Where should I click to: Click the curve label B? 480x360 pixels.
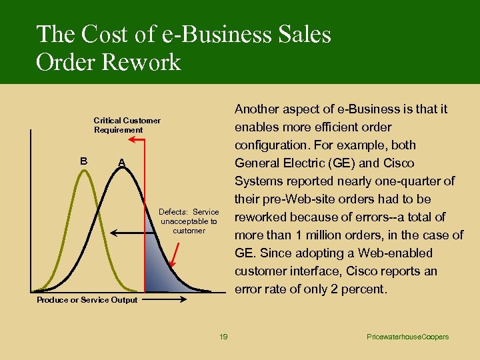pos(83,161)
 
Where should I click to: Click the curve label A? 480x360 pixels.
pos(121,163)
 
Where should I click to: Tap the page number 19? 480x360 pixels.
pos(223,337)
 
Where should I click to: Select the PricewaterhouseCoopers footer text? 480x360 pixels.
pos(407,337)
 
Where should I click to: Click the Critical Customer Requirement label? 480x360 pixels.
pos(127,125)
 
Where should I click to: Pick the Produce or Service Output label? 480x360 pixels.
pos(87,300)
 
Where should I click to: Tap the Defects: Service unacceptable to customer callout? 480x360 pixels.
pos(189,221)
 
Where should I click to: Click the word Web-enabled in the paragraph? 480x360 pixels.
pos(401,253)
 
